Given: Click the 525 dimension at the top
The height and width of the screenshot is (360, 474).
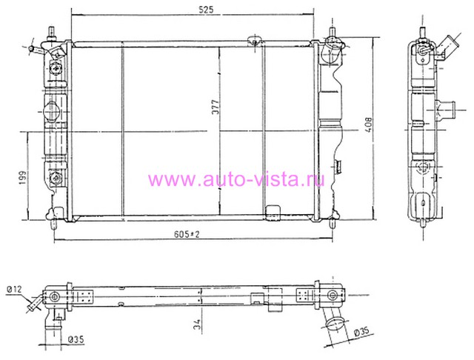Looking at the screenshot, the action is click(x=206, y=10).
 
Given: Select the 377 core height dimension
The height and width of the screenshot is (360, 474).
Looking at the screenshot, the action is click(x=216, y=107).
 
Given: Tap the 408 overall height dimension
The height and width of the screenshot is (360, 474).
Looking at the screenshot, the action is click(x=369, y=125).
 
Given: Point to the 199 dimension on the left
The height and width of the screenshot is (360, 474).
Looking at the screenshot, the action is click(x=23, y=178).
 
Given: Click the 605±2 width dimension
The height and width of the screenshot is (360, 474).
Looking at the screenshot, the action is click(x=187, y=234).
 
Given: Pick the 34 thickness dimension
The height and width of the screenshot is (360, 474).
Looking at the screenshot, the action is click(x=197, y=324).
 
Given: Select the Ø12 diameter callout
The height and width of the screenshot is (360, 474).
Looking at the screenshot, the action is click(x=14, y=290).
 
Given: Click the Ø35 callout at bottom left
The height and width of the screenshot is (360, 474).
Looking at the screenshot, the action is click(x=76, y=339).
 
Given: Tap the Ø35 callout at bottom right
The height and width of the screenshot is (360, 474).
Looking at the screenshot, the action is click(x=361, y=332).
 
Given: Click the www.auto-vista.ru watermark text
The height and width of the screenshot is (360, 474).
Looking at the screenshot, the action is click(x=236, y=179).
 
